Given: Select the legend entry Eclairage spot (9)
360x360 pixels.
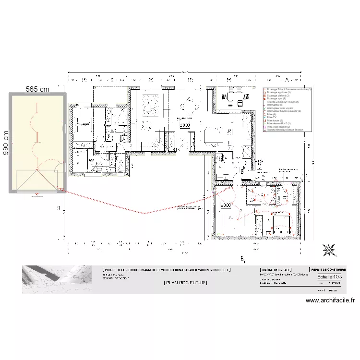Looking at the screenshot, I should point(276,98).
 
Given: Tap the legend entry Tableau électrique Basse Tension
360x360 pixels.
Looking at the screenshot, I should point(285,130).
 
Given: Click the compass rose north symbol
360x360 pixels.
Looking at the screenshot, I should point(330,249).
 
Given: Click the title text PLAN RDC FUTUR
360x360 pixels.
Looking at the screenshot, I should point(185,283).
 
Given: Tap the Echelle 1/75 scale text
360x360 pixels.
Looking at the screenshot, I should point(330,277).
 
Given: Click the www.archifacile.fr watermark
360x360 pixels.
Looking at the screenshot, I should point(330,300).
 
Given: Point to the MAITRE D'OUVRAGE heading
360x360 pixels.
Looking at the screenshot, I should point(276,270).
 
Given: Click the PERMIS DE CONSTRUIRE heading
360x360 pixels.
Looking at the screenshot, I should point(328,270).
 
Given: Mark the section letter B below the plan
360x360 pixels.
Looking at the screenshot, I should point(243,260).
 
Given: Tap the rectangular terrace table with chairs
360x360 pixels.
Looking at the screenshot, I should point(235,98).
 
